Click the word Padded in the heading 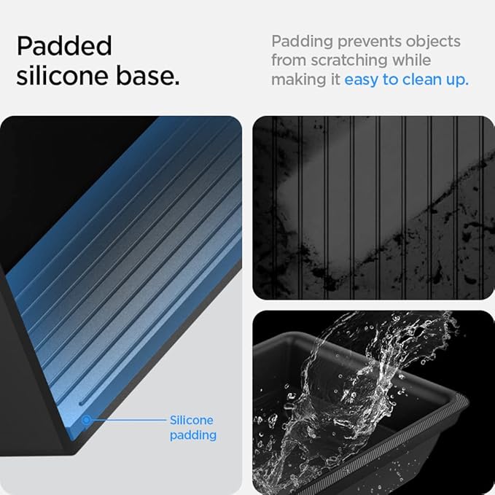pyautogui.click(x=64, y=46)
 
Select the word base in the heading pyautogui.click(x=148, y=76)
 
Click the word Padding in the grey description pyautogui.click(x=302, y=42)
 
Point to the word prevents pyautogui.click(x=370, y=42)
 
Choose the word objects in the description pyautogui.click(x=433, y=42)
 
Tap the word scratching pyautogui.click(x=349, y=61)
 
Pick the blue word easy pyautogui.click(x=361, y=80)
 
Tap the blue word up pyautogui.click(x=457, y=81)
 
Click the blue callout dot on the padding pyautogui.click(x=86, y=420)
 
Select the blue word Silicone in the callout pyautogui.click(x=191, y=420)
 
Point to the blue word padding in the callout pyautogui.click(x=193, y=436)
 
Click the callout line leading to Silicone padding pyautogui.click(x=128, y=420)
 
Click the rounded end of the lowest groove pyautogui.click(x=82, y=403)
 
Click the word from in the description pyautogui.click(x=289, y=60)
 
